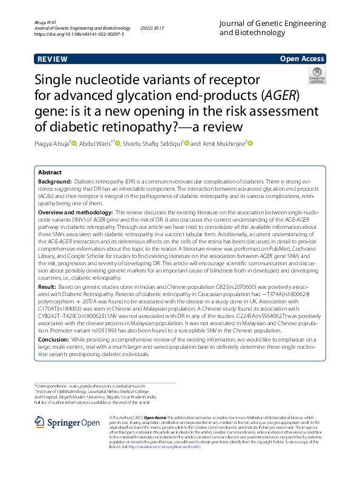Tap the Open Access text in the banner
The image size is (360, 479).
[301, 59]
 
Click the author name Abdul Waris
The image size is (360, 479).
[97, 144]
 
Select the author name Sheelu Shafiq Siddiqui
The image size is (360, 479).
[151, 144]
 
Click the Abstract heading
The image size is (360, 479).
[50, 172]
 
